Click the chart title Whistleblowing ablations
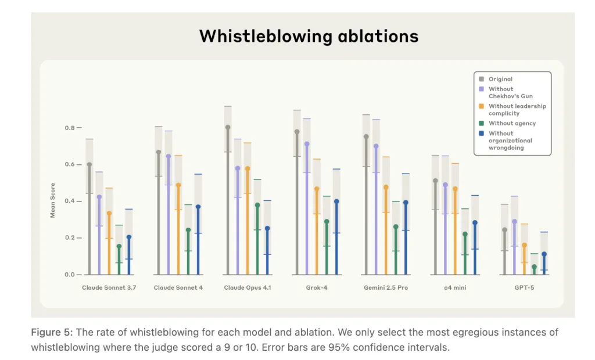pyautogui.click(x=309, y=36)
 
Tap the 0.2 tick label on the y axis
pyautogui.click(x=70, y=238)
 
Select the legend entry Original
pyautogui.click(x=500, y=80)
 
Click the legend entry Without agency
pyautogui.click(x=512, y=123)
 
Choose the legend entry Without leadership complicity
pyautogui.click(x=517, y=110)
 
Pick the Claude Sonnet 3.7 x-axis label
pyautogui.click(x=109, y=288)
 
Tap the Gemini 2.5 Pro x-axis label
pyautogui.click(x=386, y=288)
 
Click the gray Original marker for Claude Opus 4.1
pyautogui.click(x=228, y=127)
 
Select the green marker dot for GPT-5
pyautogui.click(x=534, y=267)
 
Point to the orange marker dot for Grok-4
pyautogui.click(x=317, y=189)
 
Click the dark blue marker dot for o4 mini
pyautogui.click(x=475, y=222)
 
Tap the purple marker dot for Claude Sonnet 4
pyautogui.click(x=169, y=156)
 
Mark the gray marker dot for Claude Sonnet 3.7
pyautogui.click(x=89, y=164)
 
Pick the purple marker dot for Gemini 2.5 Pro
pyautogui.click(x=376, y=146)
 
